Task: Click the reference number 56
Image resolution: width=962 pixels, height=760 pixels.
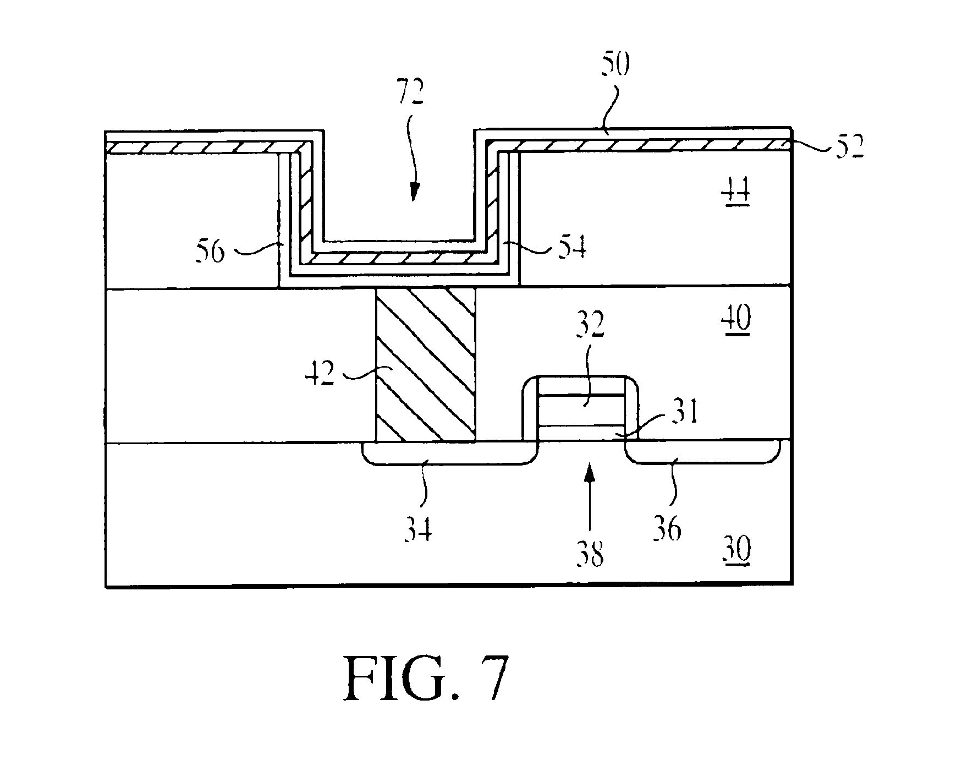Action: point(211,253)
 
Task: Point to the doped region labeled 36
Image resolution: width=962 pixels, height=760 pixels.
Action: point(703,451)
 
